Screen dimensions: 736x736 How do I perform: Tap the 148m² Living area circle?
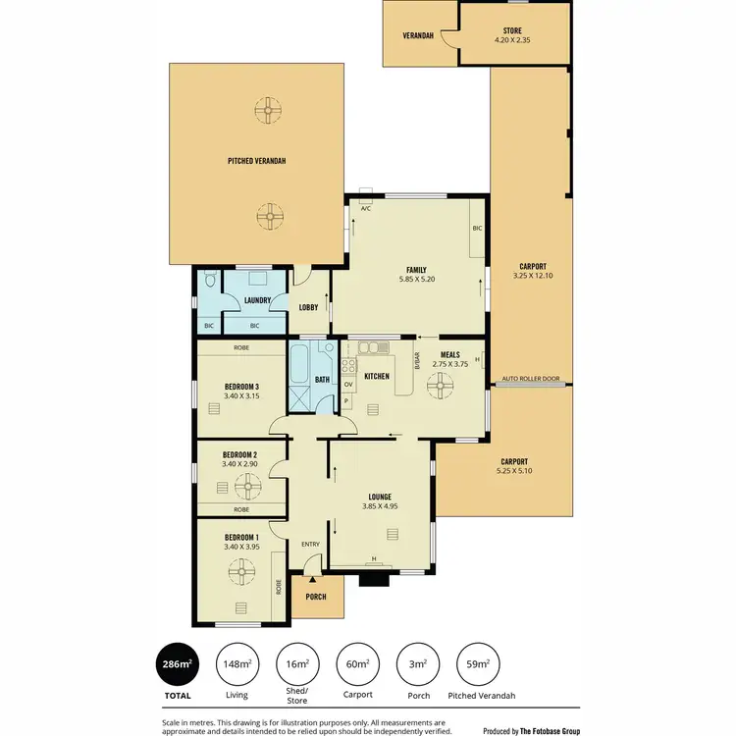(x=237, y=663)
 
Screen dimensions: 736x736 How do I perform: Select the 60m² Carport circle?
(x=356, y=663)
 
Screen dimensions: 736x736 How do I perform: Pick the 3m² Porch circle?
(x=417, y=663)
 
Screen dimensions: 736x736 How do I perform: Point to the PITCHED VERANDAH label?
(x=256, y=160)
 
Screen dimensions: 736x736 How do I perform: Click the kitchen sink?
(x=374, y=346)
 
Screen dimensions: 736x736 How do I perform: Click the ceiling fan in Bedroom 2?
(x=248, y=483)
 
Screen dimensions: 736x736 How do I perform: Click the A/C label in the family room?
(x=365, y=208)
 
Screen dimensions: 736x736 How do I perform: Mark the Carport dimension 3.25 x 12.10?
(x=533, y=277)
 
